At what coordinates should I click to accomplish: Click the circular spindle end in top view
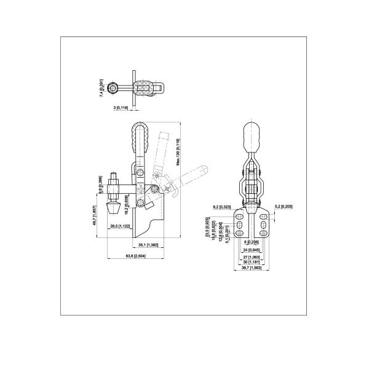pos(115,90)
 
